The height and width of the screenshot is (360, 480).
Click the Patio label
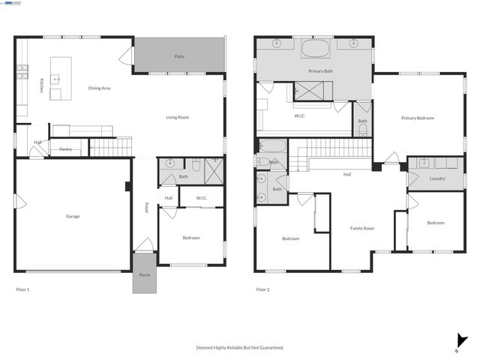click(180, 56)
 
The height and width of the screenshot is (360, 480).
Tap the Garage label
click(73, 216)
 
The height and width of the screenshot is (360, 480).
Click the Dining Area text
click(100, 88)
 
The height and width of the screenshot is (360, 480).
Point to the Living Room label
click(177, 117)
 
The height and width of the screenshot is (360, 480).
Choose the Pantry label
click(66, 149)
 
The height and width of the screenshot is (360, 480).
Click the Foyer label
click(147, 208)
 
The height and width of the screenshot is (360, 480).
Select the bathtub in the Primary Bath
click(315, 50)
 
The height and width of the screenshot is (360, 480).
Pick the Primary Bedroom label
click(417, 118)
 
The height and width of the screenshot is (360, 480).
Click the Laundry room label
click(438, 178)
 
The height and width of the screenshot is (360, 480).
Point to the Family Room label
click(362, 228)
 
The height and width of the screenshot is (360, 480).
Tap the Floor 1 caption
click(22, 289)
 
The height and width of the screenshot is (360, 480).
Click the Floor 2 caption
click(262, 289)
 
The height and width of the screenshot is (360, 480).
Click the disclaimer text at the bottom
click(240, 347)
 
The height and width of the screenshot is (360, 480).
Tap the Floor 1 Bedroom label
click(191, 238)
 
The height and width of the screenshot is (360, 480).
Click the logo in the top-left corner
click(13, 4)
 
